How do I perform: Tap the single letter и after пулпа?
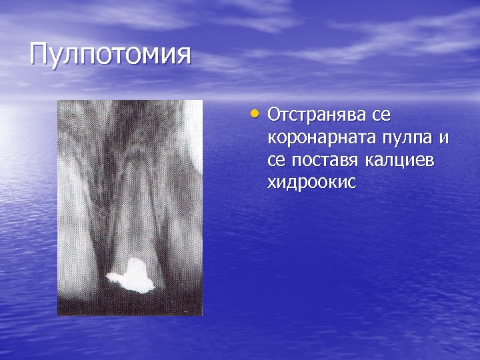[x=443, y=139]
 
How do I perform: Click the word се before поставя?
[x=277, y=161]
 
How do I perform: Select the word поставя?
[x=325, y=161]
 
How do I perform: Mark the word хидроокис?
[x=311, y=183]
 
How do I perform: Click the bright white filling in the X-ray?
[x=137, y=275]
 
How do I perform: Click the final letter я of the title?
[x=182, y=55]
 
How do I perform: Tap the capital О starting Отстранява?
[x=274, y=116]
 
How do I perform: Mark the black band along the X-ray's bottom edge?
[x=130, y=309]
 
